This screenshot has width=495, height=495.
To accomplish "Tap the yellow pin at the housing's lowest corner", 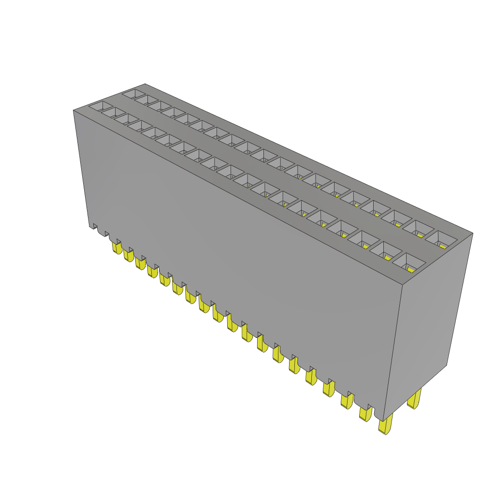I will pyautogui.click(x=385, y=426).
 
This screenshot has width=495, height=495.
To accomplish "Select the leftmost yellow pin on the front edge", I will pyautogui.click(x=116, y=248).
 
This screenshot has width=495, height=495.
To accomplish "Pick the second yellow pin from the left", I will pyautogui.click(x=128, y=255).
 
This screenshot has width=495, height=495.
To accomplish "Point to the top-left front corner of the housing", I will pyautogui.click(x=73, y=110).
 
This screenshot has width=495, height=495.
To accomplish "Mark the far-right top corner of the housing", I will pyautogui.click(x=472, y=234).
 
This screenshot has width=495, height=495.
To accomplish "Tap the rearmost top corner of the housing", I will pyautogui.click(x=145, y=84).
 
